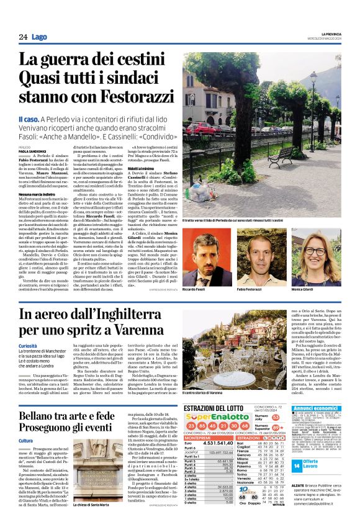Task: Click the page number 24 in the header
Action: click(x=23, y=37)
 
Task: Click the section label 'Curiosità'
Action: click(x=27, y=346)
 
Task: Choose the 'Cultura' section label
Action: click(x=25, y=441)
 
